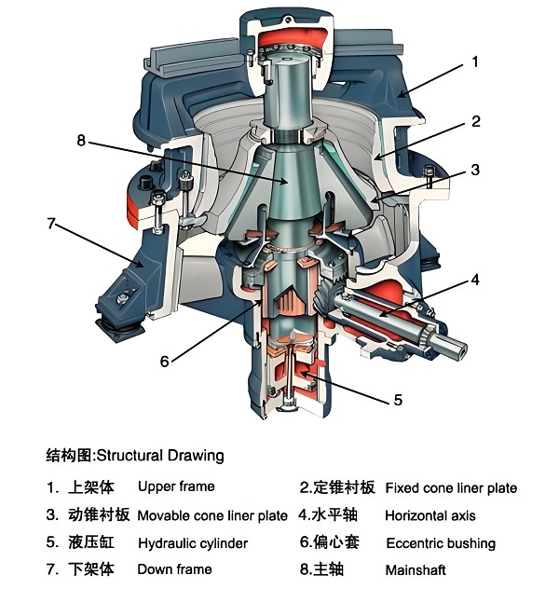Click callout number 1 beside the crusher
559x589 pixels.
pyautogui.click(x=475, y=63)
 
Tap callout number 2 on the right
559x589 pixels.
pyautogui.click(x=475, y=122)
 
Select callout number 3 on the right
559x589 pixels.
pyautogui.click(x=475, y=171)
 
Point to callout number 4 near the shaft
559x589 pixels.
pyautogui.click(x=475, y=279)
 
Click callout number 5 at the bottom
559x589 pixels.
pyautogui.click(x=398, y=400)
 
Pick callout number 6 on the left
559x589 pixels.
pyautogui.click(x=164, y=362)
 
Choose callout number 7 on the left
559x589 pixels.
pyautogui.click(x=52, y=224)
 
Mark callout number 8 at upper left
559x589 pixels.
pyautogui.click(x=82, y=142)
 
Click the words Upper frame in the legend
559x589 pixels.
pyautogui.click(x=176, y=486)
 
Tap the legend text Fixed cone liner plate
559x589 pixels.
pyautogui.click(x=451, y=487)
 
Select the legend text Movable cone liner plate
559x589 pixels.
pyautogui.click(x=212, y=515)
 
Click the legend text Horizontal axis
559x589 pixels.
pyautogui.click(x=429, y=515)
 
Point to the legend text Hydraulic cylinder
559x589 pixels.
pyautogui.click(x=193, y=543)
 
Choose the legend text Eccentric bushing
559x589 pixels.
pyautogui.click(x=441, y=543)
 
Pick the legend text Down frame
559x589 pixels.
pyautogui.click(x=175, y=569)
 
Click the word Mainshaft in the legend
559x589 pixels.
pyautogui.click(x=416, y=569)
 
